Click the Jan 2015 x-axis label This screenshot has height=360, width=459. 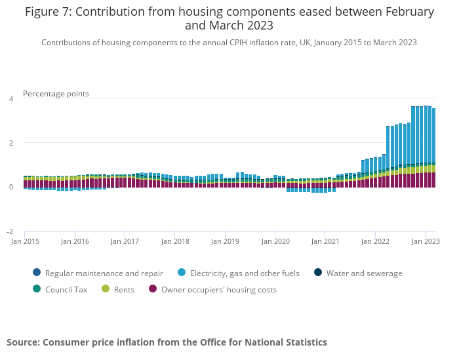(x=24, y=241)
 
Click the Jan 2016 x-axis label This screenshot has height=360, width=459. (x=75, y=241)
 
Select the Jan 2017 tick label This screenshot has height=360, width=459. (x=125, y=241)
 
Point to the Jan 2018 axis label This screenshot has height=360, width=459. (x=175, y=241)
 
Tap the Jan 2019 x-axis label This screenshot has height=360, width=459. (x=225, y=241)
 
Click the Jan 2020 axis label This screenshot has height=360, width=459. (x=275, y=241)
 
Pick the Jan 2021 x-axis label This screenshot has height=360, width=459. (x=325, y=241)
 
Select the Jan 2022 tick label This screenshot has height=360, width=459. (x=375, y=241)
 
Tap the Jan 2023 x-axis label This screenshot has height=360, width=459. (x=426, y=241)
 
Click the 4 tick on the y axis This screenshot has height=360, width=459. (x=10, y=99)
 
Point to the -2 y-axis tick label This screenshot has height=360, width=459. (x=10, y=232)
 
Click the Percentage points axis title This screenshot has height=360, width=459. (x=56, y=94)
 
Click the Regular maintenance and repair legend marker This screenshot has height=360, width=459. (x=36, y=273)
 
